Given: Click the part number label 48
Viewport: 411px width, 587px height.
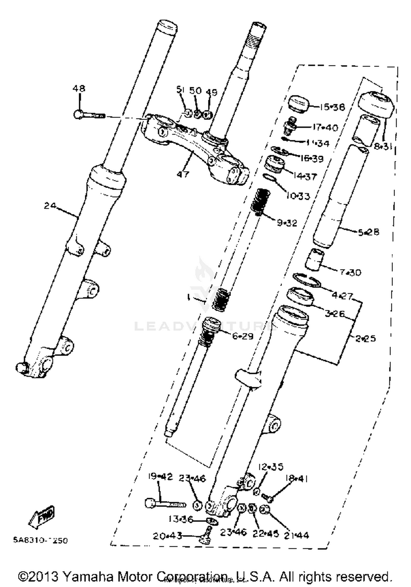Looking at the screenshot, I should point(79,88).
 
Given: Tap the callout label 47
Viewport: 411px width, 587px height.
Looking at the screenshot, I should point(183,174).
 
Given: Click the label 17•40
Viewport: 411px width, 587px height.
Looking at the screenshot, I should point(325,127).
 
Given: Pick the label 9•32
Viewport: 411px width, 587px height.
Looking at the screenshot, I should point(287,223).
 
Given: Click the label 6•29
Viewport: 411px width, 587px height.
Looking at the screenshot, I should point(243,336).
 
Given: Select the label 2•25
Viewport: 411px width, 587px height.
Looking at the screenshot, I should point(366,339).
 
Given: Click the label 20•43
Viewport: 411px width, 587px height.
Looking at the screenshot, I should point(167,536).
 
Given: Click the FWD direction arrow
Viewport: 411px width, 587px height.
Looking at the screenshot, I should point(42,516).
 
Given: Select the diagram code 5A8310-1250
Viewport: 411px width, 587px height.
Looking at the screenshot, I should point(40,540).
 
